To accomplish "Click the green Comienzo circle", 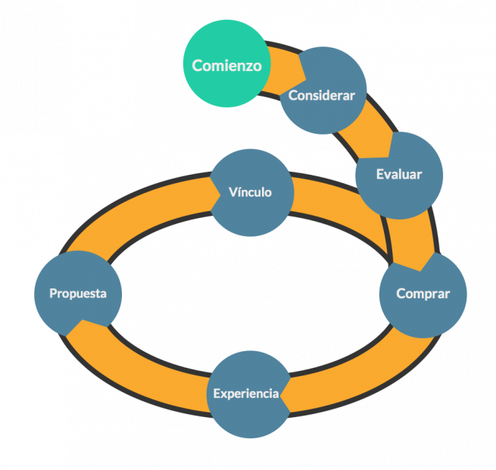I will coord(220,53).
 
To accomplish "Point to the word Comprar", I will coord(423,294).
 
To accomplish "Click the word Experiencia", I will coord(246,394).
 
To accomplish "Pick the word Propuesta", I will coord(78,293).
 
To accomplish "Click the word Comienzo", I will coord(226,66).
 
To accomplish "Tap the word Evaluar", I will coord(399,175).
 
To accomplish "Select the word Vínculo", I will coord(250,192).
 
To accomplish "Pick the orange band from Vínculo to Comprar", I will coord(341,201).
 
